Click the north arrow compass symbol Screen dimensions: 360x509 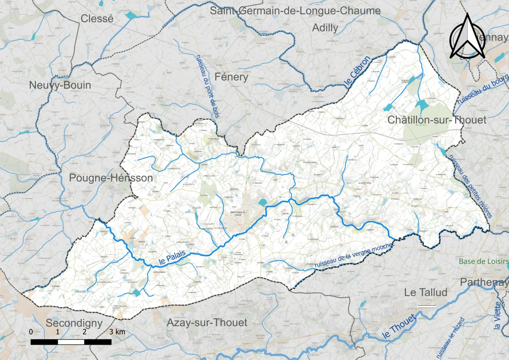click(467, 37)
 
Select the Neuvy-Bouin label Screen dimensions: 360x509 click(60, 85)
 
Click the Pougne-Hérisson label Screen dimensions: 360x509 click(111, 178)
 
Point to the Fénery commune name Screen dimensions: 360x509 click(231, 77)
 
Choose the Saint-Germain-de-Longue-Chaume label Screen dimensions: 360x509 click(295, 11)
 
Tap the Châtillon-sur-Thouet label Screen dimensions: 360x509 click(437, 120)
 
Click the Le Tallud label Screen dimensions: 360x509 click(425, 292)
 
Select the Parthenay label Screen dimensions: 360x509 click(484, 282)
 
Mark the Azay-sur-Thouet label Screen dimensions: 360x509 click(207, 322)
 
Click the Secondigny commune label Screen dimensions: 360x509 click(74, 323)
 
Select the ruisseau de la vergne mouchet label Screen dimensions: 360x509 click(354, 255)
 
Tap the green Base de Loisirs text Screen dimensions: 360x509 click(484, 261)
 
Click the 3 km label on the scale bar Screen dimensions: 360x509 click(117, 332)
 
